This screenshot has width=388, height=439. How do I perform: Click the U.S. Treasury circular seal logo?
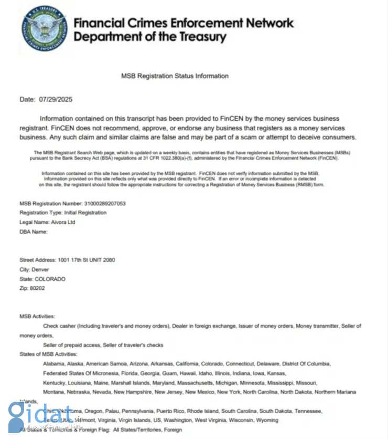point(45,28)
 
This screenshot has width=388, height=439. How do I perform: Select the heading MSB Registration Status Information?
point(175,76)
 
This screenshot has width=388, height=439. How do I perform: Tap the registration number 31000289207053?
point(105,203)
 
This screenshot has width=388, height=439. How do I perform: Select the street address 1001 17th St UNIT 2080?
point(82,260)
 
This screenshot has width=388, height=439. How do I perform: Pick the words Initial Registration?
point(85,213)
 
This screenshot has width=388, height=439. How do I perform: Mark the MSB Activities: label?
point(37,317)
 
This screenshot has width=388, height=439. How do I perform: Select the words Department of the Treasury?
point(150,37)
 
